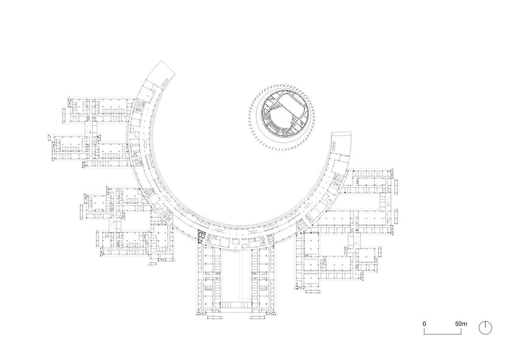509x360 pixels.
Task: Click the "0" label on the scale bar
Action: (x=424, y=323)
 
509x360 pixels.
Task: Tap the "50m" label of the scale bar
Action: (x=461, y=323)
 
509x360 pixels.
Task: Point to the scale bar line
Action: (x=443, y=334)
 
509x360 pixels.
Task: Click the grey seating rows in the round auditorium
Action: (x=278, y=124)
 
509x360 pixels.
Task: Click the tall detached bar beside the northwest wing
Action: (x=64, y=116)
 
